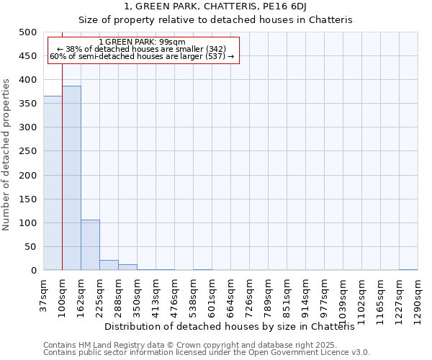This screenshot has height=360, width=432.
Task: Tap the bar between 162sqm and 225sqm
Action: pyautogui.click(x=90, y=245)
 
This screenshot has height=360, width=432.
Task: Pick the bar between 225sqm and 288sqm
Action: pyautogui.click(x=109, y=265)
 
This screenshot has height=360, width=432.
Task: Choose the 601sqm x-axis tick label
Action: pyautogui.click(x=212, y=296)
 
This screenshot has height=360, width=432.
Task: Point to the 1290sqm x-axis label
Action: pyautogui.click(x=418, y=298)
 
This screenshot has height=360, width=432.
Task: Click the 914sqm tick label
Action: pyautogui.click(x=306, y=296)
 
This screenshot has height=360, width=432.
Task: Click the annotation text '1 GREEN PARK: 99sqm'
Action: pyautogui.click(x=142, y=42)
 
